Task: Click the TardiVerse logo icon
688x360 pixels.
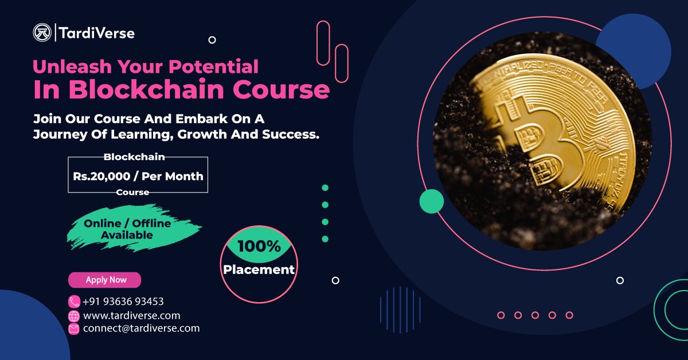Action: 42,33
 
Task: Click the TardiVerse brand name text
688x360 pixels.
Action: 96,33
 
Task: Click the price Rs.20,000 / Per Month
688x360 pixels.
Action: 138,176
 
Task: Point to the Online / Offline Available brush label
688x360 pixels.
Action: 127,229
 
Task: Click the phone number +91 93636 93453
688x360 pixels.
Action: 123,302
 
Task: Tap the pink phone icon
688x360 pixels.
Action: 74,302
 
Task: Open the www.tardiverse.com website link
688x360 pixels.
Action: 131,315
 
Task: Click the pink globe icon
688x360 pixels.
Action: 74,316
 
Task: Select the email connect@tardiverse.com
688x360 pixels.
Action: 141,328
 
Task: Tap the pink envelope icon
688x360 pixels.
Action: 74,329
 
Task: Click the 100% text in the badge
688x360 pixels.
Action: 259,246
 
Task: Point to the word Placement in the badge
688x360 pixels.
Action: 259,269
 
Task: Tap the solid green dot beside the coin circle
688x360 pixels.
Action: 432,201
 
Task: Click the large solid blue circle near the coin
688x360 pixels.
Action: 633,50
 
